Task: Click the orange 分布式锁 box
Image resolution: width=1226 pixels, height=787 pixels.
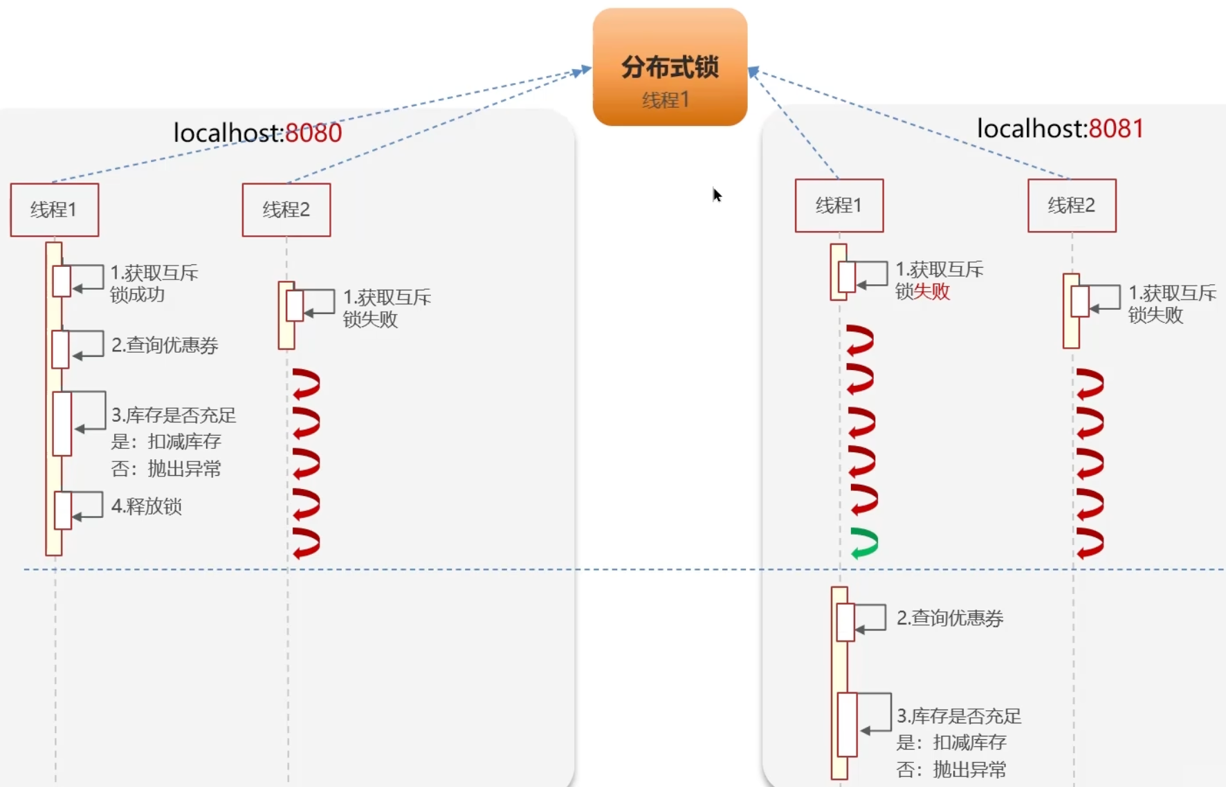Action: (670, 66)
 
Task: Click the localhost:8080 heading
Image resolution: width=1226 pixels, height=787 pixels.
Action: (257, 133)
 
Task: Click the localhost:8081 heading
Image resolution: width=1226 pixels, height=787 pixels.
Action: (1060, 129)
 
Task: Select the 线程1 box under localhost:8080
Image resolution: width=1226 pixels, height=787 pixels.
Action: (54, 210)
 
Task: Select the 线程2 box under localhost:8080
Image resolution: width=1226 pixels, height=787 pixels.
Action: (286, 210)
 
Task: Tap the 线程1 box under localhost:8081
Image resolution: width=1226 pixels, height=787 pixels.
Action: (839, 205)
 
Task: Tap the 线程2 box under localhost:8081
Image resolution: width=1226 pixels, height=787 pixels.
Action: (1072, 205)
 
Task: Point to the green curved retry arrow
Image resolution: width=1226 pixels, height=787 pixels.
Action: (864, 543)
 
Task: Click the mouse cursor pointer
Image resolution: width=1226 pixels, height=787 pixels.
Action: (717, 195)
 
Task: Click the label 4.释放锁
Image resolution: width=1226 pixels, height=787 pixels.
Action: (147, 506)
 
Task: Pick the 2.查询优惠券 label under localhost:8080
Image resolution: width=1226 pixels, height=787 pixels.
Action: (165, 345)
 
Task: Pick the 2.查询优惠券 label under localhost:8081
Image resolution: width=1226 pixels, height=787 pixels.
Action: (950, 618)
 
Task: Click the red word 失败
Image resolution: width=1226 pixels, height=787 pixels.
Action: (932, 292)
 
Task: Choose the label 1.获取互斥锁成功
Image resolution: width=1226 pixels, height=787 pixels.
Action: (154, 284)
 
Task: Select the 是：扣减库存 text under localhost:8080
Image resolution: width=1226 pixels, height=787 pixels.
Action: (166, 441)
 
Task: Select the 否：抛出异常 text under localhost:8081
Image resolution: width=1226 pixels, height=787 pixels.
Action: (951, 769)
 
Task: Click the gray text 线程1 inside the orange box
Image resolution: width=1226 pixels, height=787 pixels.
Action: (666, 100)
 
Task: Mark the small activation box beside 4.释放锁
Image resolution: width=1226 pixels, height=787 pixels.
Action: (63, 510)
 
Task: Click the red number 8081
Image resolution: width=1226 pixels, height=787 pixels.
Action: (1115, 129)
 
